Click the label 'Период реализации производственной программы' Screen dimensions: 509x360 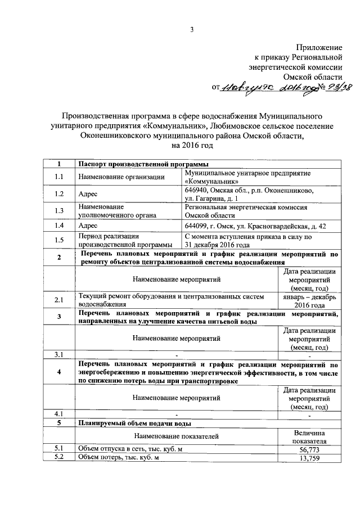(x=125, y=241)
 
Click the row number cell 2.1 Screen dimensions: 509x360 (x=59, y=300)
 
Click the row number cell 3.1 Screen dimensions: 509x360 (x=59, y=355)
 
